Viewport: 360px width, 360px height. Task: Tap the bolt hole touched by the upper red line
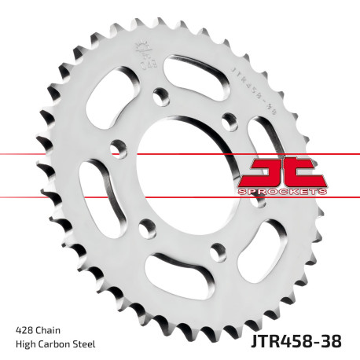117,147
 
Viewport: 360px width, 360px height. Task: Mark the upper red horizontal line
47,155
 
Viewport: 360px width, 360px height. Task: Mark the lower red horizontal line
47,196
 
